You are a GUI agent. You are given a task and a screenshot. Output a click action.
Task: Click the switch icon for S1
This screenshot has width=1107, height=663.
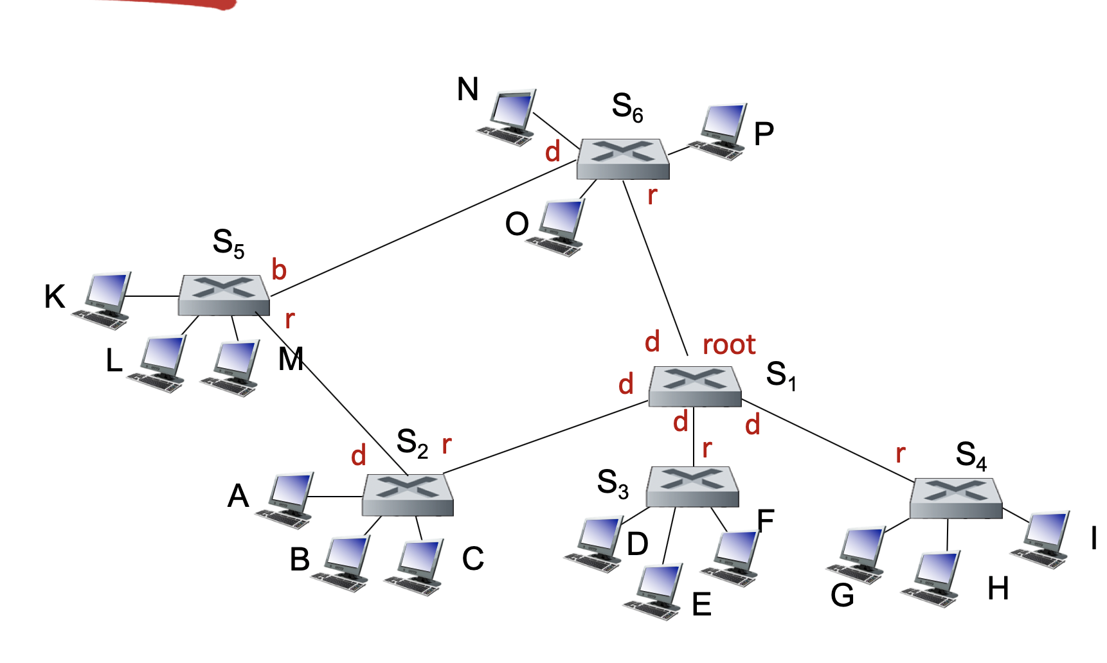695,385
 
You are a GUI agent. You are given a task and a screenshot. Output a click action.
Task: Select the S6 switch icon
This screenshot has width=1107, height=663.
623,158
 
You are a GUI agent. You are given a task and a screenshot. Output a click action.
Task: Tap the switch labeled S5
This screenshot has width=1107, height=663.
224,295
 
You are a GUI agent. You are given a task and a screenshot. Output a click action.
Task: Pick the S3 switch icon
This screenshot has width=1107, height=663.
692,486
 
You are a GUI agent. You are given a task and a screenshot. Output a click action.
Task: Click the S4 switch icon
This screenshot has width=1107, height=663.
956,497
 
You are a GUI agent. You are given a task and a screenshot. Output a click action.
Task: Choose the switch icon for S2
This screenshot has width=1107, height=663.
408,494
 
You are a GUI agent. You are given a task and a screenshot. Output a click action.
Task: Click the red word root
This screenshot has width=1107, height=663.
729,345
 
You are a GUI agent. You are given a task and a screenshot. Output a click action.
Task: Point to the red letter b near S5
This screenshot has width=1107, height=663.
278,270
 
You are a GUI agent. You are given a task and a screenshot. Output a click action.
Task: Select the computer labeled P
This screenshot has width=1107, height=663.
720,131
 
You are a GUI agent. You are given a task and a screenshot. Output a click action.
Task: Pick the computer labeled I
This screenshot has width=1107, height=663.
1043,539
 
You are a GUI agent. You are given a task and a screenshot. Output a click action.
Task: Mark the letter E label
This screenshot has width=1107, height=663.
701,604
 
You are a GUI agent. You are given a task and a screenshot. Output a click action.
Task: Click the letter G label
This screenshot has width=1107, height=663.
842,596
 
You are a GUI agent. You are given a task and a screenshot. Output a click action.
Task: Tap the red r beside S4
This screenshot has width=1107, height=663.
901,454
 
